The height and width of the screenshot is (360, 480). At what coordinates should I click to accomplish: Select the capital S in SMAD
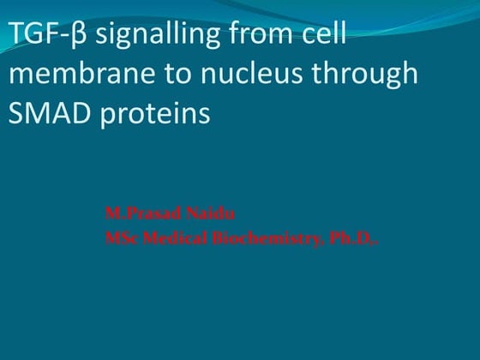coord(15,113)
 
